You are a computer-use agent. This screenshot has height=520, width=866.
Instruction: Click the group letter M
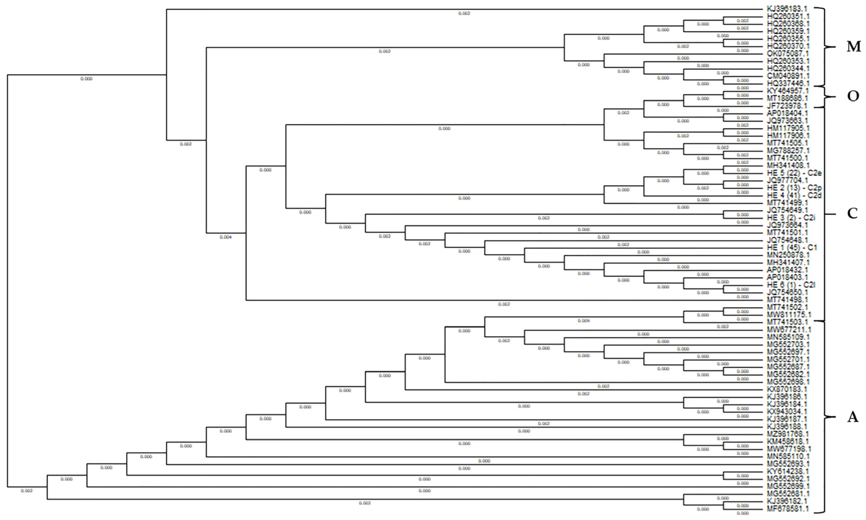pyautogui.click(x=853, y=47)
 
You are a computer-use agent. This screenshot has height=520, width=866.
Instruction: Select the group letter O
pyautogui.click(x=853, y=96)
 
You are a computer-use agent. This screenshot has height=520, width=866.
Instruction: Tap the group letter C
pyautogui.click(x=852, y=213)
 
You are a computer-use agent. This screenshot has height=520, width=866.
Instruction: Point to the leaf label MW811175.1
pyautogui.click(x=787, y=315)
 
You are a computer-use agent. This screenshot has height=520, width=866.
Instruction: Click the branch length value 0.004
pyautogui.click(x=226, y=237)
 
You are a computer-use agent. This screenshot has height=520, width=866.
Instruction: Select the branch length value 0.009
pyautogui.click(x=583, y=321)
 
